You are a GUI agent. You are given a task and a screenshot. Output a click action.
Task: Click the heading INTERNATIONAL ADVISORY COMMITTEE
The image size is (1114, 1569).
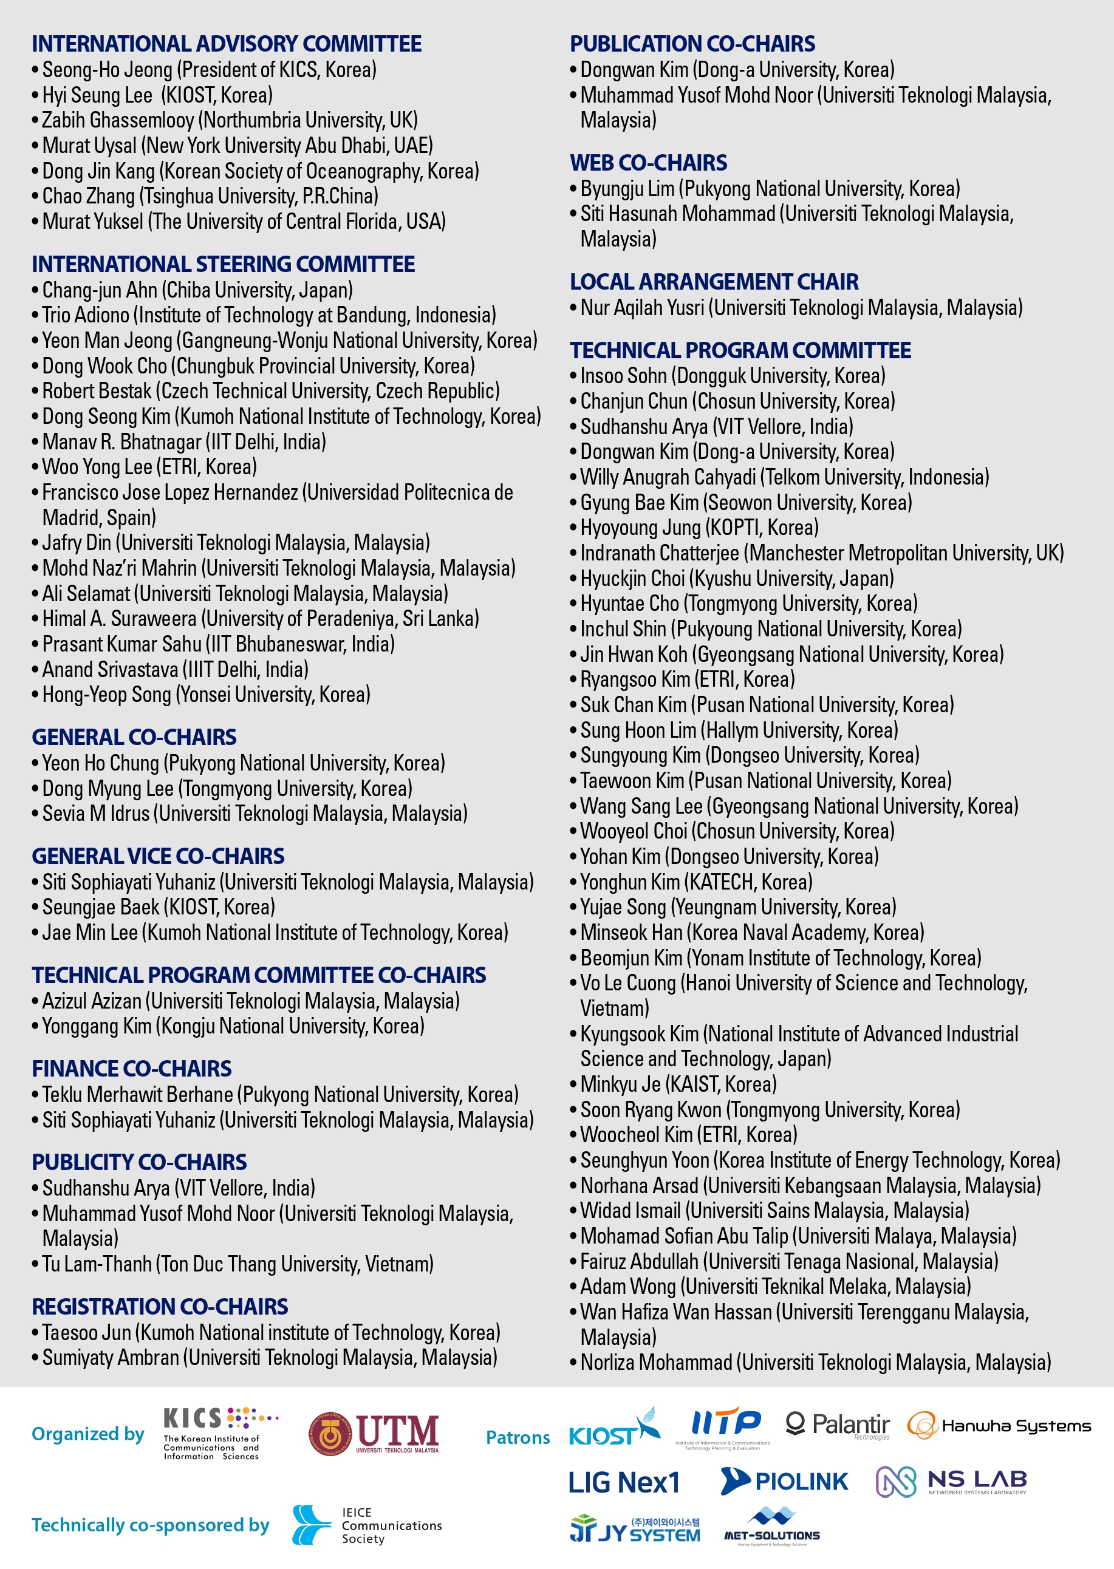(x=227, y=44)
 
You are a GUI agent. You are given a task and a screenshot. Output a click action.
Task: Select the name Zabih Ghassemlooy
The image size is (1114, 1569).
(x=118, y=120)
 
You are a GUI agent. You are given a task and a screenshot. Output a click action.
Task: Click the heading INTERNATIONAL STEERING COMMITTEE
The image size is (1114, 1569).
(x=223, y=264)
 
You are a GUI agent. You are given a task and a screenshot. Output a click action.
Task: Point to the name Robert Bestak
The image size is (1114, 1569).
(x=97, y=391)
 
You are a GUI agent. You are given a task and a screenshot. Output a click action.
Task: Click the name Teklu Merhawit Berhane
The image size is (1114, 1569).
(x=137, y=1094)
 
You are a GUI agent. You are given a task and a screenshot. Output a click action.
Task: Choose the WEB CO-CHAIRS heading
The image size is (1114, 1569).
(x=648, y=163)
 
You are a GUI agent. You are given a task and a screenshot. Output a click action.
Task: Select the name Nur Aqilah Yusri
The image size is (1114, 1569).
(x=642, y=308)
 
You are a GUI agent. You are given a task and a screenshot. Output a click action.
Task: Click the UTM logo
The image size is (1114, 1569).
(x=374, y=1433)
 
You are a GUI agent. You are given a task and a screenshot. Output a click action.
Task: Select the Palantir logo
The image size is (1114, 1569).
(x=838, y=1425)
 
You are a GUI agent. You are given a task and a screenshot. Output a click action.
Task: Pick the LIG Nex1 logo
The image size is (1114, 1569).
(x=624, y=1483)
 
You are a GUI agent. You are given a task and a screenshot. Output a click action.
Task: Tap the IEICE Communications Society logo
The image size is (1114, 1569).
(x=366, y=1525)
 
